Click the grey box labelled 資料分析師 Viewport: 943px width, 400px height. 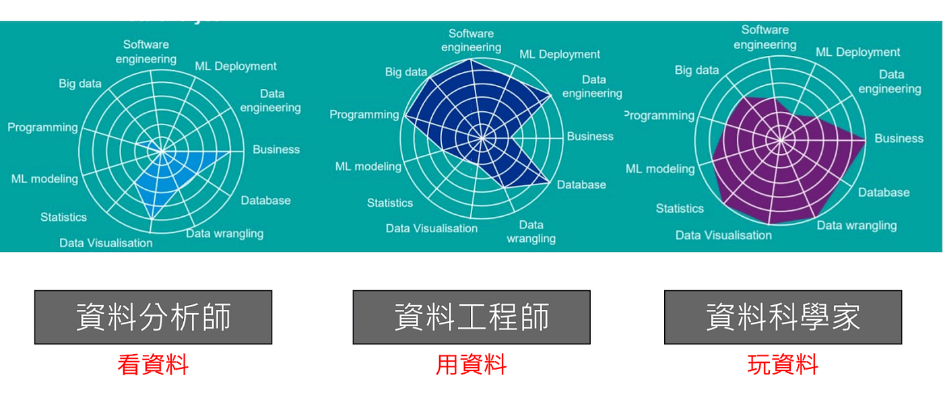tap(153, 317)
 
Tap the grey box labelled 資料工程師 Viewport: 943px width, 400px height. tap(471, 317)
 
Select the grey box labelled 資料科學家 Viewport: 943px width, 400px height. tap(783, 317)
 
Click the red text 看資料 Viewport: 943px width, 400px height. tap(153, 365)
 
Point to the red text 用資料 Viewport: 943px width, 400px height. tap(471, 365)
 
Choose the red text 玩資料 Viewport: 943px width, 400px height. tap(783, 365)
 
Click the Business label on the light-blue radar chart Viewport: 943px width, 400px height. tap(276, 149)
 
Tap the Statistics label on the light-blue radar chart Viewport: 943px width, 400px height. tap(63, 217)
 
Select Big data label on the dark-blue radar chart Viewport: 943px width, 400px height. tap(406, 72)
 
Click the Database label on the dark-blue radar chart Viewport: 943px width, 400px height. tap(581, 185)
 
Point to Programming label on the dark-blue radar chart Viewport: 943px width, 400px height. tap(364, 114)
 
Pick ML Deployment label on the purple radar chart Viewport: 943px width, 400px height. tap(857, 52)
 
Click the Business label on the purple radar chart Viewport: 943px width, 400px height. tap(899, 138)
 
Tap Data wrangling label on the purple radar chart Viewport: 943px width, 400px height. tap(857, 225)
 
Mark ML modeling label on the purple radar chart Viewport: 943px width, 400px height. tap(659, 168)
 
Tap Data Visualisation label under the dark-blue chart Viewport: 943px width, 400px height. tap(432, 228)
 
